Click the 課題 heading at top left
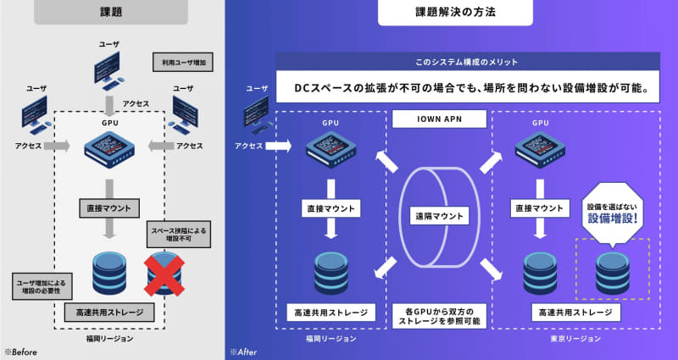point(111,14)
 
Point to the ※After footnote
point(243,350)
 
